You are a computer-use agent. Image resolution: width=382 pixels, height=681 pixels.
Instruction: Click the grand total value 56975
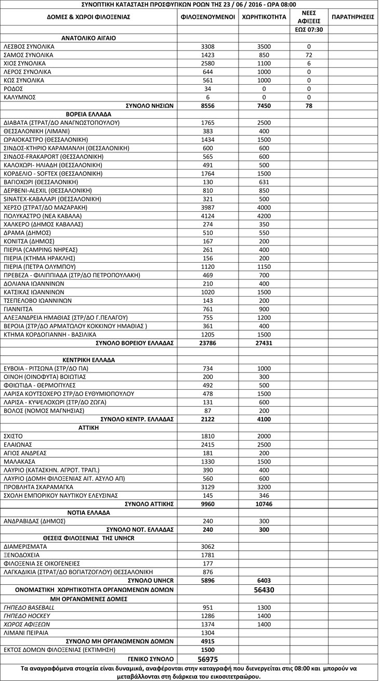[208, 658]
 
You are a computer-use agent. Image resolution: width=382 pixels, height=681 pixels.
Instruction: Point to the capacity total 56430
[264, 590]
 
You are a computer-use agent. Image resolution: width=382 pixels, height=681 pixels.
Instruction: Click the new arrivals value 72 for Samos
[309, 55]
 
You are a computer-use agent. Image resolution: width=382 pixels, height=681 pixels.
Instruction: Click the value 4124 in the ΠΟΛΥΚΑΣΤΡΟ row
[208, 215]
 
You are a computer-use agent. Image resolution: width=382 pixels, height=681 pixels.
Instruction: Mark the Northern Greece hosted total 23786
[208, 343]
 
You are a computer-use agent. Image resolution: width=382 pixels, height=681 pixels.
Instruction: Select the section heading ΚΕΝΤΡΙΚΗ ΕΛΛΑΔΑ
[88, 359]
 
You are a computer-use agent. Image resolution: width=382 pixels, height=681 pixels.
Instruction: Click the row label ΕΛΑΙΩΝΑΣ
[19, 444]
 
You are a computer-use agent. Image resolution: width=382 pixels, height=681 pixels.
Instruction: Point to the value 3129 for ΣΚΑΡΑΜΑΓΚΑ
[208, 486]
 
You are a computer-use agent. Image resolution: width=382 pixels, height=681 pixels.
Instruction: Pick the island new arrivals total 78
[309, 105]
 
